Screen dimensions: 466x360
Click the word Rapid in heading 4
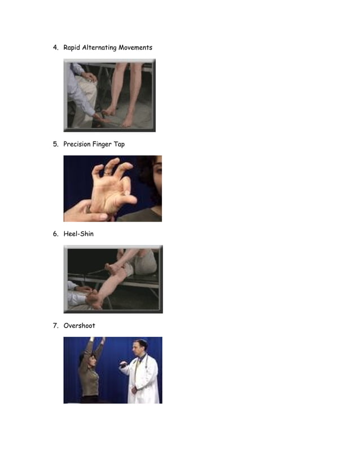pos(72,48)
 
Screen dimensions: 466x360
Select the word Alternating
pos(99,48)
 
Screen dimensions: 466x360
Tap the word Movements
pos(135,48)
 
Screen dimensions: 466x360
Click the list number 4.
pos(55,48)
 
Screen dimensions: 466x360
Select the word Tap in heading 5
pos(120,144)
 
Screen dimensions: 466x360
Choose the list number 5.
pos(55,144)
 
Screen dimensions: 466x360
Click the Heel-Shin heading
pos(78,234)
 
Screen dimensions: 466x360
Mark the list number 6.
pos(55,234)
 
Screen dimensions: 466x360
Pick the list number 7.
pos(55,326)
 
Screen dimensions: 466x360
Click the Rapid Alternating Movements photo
pos(109,95)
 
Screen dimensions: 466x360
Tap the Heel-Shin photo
pos(113,279)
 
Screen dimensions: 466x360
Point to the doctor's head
pos(140,346)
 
